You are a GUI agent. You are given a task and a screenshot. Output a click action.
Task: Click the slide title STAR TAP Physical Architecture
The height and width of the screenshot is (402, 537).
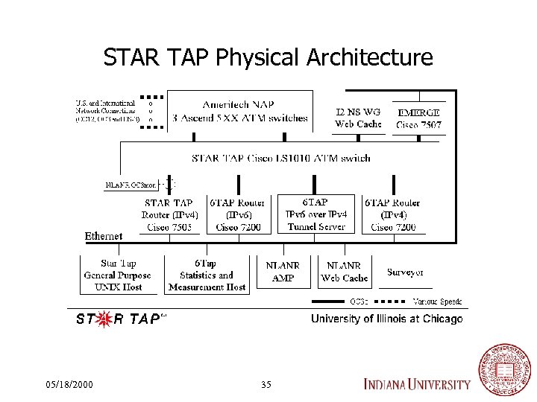[x=268, y=57]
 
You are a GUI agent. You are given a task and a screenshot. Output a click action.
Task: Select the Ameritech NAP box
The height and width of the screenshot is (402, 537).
[x=239, y=111]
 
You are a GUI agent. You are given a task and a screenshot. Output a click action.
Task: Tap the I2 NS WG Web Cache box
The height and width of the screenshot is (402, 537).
[x=358, y=118]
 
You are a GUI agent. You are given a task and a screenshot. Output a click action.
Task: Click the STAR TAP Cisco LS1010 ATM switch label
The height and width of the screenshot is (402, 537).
[x=280, y=158]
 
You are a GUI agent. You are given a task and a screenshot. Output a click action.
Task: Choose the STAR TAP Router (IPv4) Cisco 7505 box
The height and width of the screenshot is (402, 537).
[x=169, y=214]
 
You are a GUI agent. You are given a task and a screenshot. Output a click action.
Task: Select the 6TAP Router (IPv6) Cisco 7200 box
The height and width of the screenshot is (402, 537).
[x=238, y=214]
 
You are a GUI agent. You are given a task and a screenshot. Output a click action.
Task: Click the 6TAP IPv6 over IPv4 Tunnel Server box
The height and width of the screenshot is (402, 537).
[x=315, y=214]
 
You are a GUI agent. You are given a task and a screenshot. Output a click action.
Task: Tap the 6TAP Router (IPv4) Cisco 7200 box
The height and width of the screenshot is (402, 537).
[x=392, y=214]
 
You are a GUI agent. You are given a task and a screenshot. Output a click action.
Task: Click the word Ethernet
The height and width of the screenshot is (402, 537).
[x=104, y=236]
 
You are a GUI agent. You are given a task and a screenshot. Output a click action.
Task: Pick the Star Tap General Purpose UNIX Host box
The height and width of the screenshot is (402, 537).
[x=118, y=275]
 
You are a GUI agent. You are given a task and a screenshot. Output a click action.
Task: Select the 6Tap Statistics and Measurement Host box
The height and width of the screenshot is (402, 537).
[x=207, y=275]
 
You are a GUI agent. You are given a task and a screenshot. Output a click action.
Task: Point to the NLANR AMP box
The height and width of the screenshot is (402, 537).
[x=283, y=272]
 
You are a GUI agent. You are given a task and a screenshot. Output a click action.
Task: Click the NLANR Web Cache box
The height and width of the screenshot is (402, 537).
[x=344, y=272]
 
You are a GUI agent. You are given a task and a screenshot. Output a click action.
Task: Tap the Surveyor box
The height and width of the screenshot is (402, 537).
[x=406, y=272]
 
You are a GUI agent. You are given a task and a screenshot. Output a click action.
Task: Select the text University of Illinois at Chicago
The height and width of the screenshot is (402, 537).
[x=386, y=319]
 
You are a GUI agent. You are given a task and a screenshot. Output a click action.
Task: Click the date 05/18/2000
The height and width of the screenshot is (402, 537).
[x=69, y=385]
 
